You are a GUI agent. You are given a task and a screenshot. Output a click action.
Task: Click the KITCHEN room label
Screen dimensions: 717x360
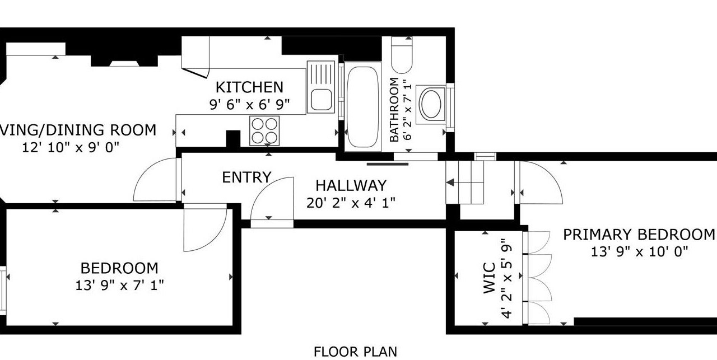(249, 87)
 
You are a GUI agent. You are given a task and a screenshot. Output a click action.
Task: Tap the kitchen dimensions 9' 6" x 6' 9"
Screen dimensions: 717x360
(249, 104)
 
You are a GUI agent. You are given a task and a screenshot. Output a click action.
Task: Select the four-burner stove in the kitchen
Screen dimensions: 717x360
(264, 130)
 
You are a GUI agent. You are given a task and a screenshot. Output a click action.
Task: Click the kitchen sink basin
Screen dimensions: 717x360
(321, 100)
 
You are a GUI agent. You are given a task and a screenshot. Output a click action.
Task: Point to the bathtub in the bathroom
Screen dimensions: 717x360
(362, 107)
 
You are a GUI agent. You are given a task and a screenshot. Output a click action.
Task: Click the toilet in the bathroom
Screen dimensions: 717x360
(402, 55)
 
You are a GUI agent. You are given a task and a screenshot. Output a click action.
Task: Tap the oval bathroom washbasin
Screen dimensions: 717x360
(431, 104)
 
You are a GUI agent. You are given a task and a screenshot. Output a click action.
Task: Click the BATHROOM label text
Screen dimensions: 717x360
(394, 110)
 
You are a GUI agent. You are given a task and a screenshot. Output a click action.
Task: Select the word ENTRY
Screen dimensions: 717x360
(246, 177)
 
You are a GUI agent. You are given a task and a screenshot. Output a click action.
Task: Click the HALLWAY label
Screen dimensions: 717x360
(351, 186)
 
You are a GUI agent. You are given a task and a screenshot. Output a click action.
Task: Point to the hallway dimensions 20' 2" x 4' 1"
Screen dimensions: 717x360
(351, 203)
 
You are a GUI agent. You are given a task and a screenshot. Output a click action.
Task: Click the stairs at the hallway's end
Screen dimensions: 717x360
(465, 183)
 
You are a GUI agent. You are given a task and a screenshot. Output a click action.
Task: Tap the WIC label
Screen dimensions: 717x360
(489, 278)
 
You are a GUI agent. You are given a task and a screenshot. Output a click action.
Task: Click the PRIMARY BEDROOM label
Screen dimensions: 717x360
(639, 235)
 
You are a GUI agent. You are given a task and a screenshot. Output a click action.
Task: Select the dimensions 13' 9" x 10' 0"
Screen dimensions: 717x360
(639, 252)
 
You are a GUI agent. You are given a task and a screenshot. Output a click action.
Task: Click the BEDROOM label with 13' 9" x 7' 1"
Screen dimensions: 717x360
(119, 268)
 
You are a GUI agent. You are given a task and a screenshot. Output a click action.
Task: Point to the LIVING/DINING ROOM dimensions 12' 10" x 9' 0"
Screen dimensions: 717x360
(71, 147)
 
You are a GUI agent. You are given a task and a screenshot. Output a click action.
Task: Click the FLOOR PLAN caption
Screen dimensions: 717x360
(355, 352)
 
